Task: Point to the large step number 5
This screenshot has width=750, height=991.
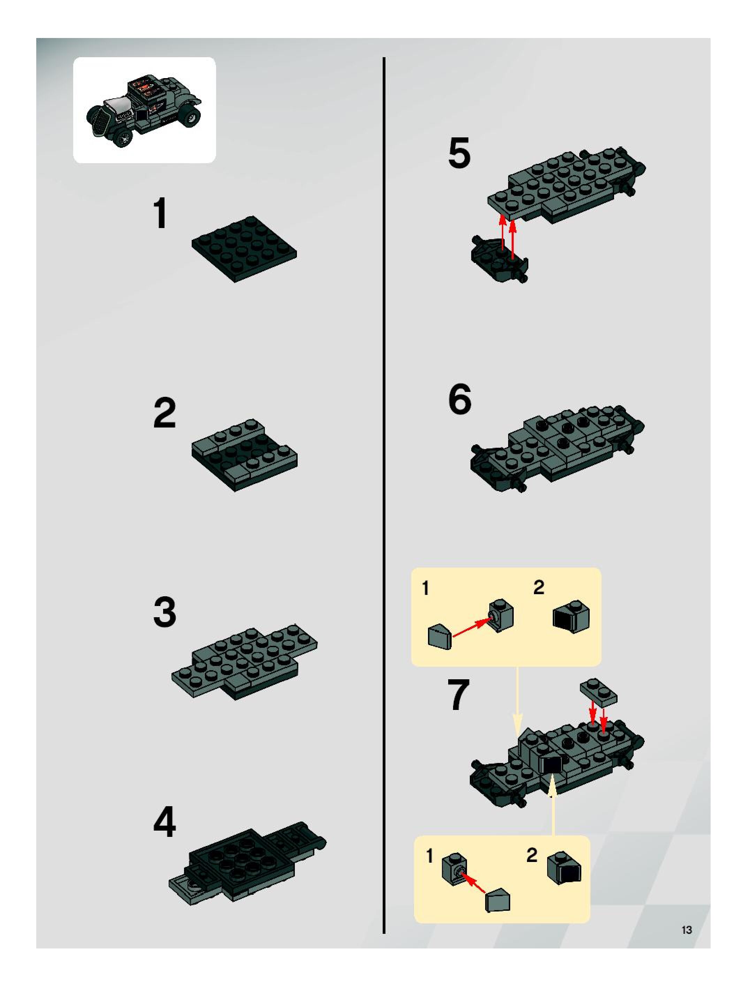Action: coord(459,153)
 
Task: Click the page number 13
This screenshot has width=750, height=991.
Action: coord(687,930)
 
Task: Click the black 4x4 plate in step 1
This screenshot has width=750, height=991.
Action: coord(244,249)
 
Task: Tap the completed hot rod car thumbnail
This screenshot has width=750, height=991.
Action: coord(144,111)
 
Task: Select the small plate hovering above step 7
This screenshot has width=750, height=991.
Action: coord(598,692)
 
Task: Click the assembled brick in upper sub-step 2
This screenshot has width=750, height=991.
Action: coord(571,616)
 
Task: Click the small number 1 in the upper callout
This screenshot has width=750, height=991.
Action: coord(426,588)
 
